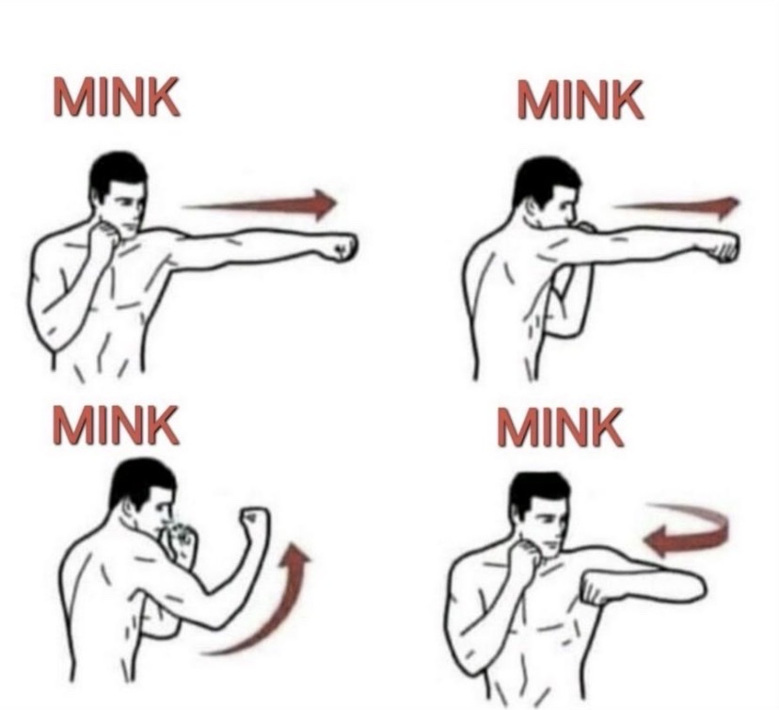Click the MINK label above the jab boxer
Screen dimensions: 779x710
[x=117, y=96]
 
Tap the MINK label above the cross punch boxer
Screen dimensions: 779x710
[x=580, y=99]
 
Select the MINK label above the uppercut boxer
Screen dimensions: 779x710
[x=116, y=424]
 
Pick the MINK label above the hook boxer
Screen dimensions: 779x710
[x=561, y=427]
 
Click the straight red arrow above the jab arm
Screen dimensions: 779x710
[x=260, y=204]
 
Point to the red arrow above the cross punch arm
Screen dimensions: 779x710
[x=676, y=206]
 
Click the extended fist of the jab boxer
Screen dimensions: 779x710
[x=340, y=247]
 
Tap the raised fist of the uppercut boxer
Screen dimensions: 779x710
[x=254, y=522]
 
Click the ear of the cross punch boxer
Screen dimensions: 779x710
[x=534, y=204]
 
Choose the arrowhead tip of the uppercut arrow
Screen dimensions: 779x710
[x=296, y=544]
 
